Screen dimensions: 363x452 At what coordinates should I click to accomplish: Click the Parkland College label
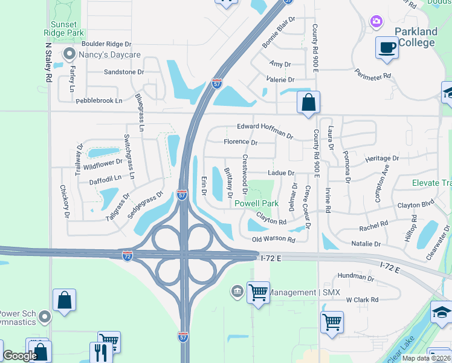(x=416, y=37)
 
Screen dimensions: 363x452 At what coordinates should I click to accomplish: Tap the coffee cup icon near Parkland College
(x=386, y=47)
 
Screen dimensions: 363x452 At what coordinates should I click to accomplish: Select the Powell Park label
(x=257, y=203)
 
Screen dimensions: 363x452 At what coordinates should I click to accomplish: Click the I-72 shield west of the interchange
(x=127, y=256)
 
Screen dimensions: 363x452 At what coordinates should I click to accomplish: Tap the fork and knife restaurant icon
(x=101, y=353)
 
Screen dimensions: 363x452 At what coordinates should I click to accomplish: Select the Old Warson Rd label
(x=273, y=240)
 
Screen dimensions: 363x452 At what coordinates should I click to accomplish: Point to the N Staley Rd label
(x=48, y=62)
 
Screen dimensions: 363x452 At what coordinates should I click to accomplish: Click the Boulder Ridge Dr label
(x=106, y=44)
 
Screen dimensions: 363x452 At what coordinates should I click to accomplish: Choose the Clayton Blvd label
(x=416, y=206)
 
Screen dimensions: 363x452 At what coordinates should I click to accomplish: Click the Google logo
(x=20, y=356)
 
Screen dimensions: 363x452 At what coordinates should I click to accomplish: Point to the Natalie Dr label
(x=366, y=244)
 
